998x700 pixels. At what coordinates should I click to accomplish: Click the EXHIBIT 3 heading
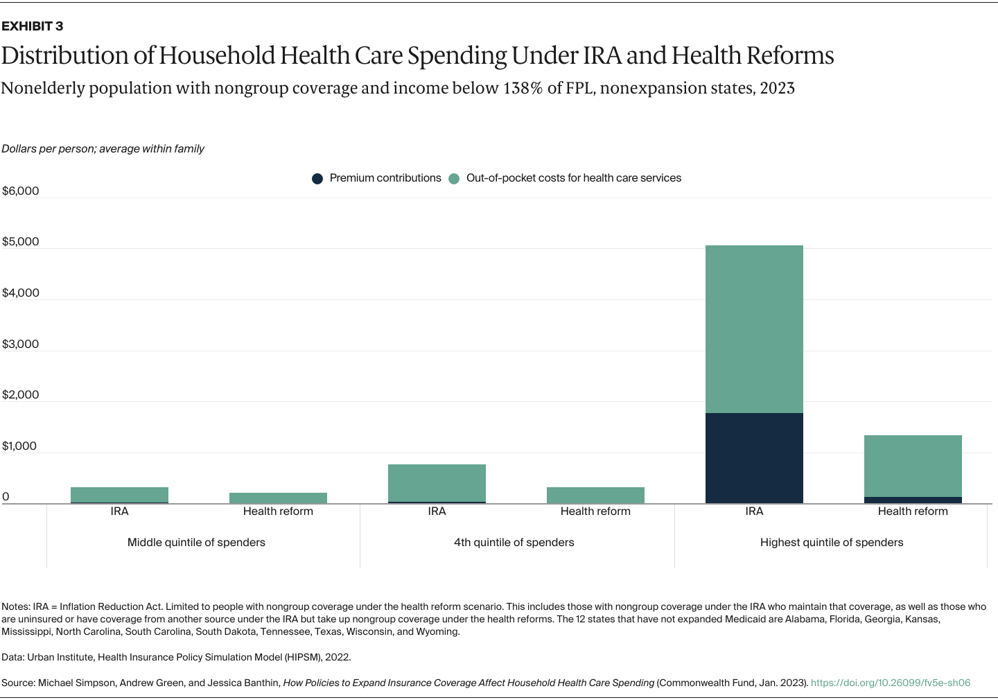click(32, 26)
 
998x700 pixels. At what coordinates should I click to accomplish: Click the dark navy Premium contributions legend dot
click(317, 179)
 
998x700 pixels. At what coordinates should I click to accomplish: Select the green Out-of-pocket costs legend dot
click(454, 179)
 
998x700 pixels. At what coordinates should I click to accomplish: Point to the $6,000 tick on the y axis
click(21, 191)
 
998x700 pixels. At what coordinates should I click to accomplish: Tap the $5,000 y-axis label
click(21, 242)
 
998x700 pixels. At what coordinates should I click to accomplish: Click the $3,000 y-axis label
click(21, 344)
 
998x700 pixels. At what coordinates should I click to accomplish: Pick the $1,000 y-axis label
click(21, 446)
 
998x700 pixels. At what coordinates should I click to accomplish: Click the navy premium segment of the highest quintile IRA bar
click(754, 458)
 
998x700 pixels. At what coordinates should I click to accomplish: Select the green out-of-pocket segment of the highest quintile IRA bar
click(754, 329)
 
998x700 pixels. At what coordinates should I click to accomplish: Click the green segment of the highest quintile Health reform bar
click(913, 466)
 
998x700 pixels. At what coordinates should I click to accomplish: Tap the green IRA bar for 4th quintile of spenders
click(437, 482)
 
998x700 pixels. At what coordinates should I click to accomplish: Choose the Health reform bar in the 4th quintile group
click(595, 495)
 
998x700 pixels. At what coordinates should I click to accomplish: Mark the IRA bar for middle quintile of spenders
click(119, 495)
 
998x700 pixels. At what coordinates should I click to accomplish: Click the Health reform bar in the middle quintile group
click(278, 498)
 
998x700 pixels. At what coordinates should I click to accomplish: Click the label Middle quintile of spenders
click(196, 543)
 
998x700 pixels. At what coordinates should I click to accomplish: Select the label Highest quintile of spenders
click(832, 543)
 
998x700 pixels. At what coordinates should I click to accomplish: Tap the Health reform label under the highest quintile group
click(913, 511)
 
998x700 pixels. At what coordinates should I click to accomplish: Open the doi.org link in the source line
click(890, 683)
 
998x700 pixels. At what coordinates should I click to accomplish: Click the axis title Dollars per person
click(103, 149)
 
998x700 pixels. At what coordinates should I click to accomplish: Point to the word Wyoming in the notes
click(437, 632)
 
